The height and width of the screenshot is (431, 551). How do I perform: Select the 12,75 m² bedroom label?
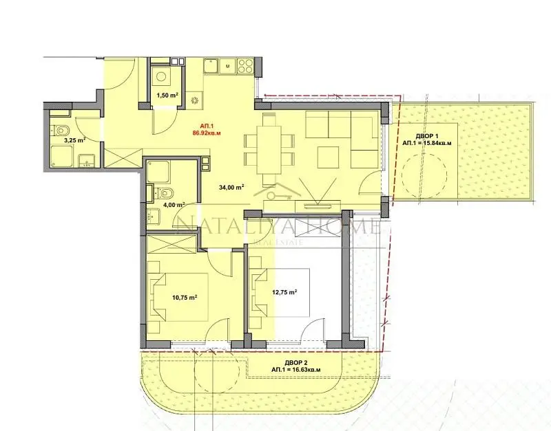[x=284, y=291]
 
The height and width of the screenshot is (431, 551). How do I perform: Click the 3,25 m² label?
[x=74, y=140]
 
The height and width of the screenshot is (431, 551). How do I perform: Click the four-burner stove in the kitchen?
[x=245, y=66]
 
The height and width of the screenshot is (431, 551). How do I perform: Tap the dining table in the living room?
[x=270, y=147]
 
